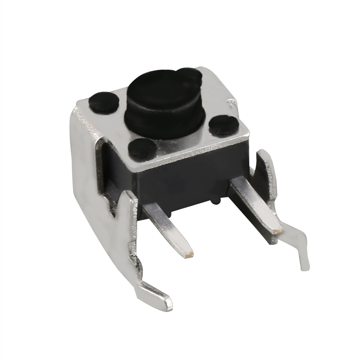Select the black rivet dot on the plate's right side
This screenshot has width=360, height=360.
click(223, 124)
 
